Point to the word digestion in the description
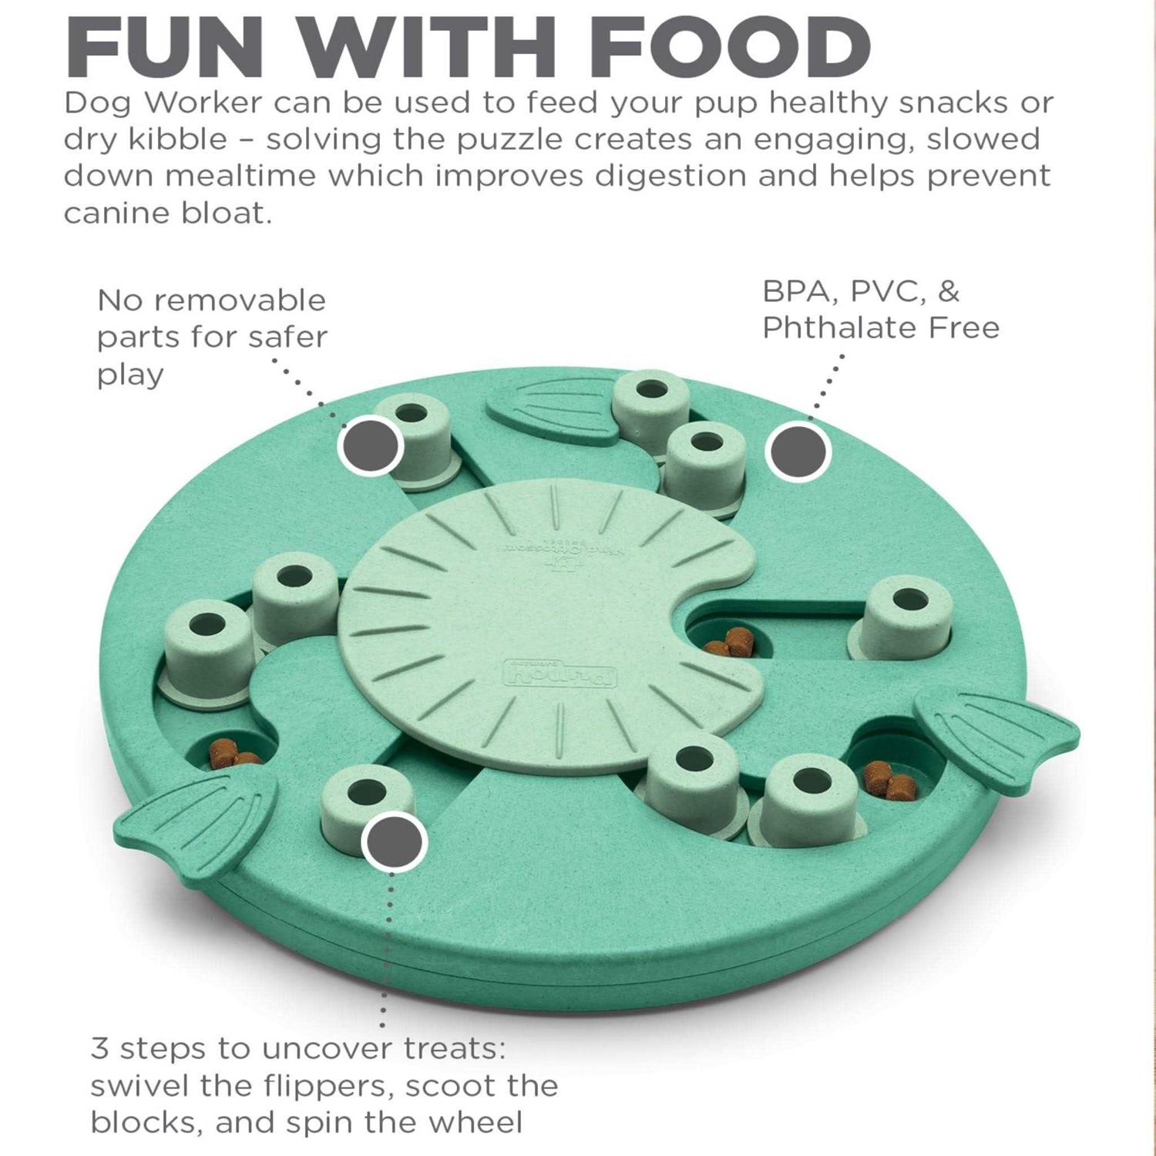[x=670, y=176]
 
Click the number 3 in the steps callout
[x=99, y=1049]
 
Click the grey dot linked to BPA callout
[x=798, y=452]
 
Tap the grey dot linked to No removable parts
[x=371, y=445]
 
